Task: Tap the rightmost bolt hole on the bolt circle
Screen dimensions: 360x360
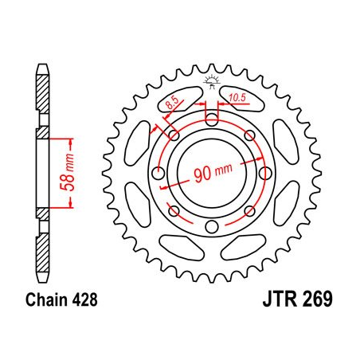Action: tap(264, 173)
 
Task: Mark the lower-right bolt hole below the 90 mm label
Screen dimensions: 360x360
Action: tap(248, 210)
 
